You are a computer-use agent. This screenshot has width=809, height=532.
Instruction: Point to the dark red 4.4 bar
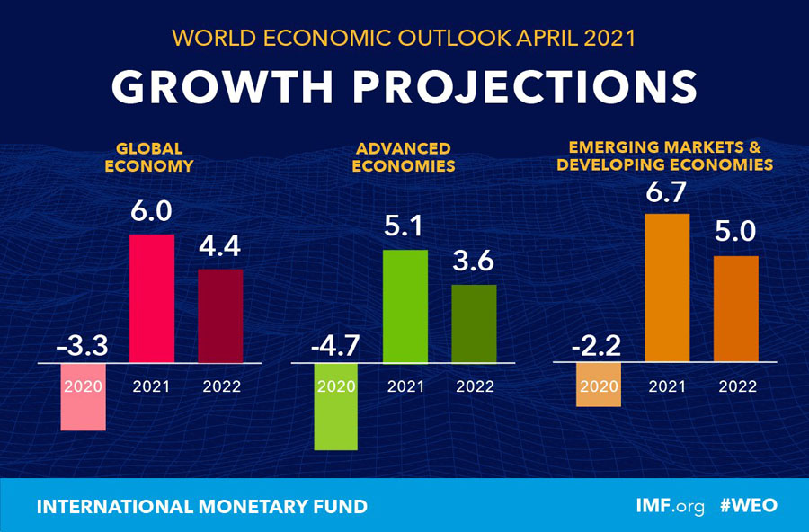tap(220, 315)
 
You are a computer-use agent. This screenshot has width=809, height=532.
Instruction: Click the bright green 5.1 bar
tap(405, 306)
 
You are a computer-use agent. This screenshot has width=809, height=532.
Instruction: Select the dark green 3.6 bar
tap(474, 324)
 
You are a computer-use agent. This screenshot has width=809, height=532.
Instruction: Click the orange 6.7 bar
tap(667, 288)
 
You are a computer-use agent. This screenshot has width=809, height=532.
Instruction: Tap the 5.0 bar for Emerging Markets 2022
tap(736, 309)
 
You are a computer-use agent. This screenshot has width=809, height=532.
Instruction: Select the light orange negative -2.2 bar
tap(599, 385)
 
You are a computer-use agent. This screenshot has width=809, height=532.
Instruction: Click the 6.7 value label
tap(667, 191)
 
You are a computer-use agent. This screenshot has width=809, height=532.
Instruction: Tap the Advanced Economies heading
tap(404, 156)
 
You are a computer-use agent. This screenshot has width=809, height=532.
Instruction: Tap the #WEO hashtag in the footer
tap(749, 506)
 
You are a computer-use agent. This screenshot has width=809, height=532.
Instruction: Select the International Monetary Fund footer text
tap(201, 507)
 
